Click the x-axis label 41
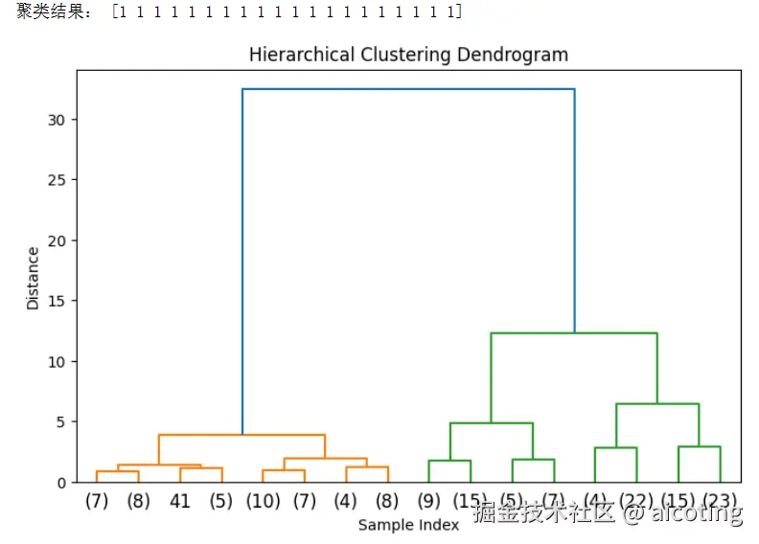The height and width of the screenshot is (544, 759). coord(180,500)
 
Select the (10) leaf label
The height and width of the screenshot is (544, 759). coord(263,500)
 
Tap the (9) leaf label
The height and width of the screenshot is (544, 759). coord(428,500)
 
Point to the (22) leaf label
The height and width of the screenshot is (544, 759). coord(636,500)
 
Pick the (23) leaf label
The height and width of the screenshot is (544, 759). coord(720,500)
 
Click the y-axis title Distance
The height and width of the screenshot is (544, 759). coord(34,278)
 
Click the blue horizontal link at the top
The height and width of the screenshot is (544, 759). coord(408,89)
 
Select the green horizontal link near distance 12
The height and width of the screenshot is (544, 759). coord(574,333)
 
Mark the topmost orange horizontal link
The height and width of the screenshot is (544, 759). coord(241,435)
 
